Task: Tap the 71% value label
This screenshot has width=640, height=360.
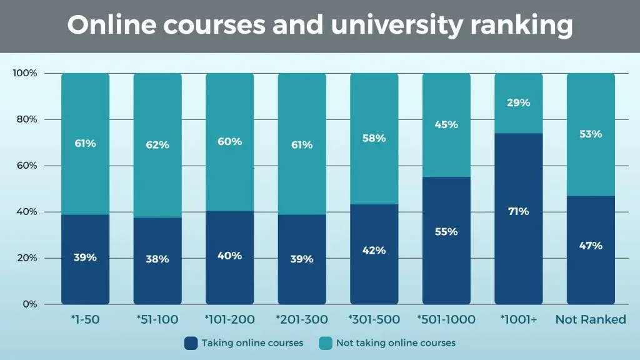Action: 518,211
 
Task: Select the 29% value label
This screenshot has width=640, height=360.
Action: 518,102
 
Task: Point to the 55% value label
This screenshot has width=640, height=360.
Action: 446,231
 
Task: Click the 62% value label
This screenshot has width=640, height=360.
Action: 157,145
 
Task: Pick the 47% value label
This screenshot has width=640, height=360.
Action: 591,246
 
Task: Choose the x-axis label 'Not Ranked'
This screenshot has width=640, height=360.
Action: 591,320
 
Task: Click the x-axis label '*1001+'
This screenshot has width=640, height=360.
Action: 518,320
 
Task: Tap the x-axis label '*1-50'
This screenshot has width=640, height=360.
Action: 85,320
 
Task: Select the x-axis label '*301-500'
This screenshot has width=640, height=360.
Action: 374,320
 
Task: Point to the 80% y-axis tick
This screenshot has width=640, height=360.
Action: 26,119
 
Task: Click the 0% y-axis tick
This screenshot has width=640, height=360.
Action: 30,304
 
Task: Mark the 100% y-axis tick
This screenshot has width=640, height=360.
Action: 25,73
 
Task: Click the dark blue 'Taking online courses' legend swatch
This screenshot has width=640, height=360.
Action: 191,342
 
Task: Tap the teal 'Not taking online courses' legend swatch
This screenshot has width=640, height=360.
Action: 325,342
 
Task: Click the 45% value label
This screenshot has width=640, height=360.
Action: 446,124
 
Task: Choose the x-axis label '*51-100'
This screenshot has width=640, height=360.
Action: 157,320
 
